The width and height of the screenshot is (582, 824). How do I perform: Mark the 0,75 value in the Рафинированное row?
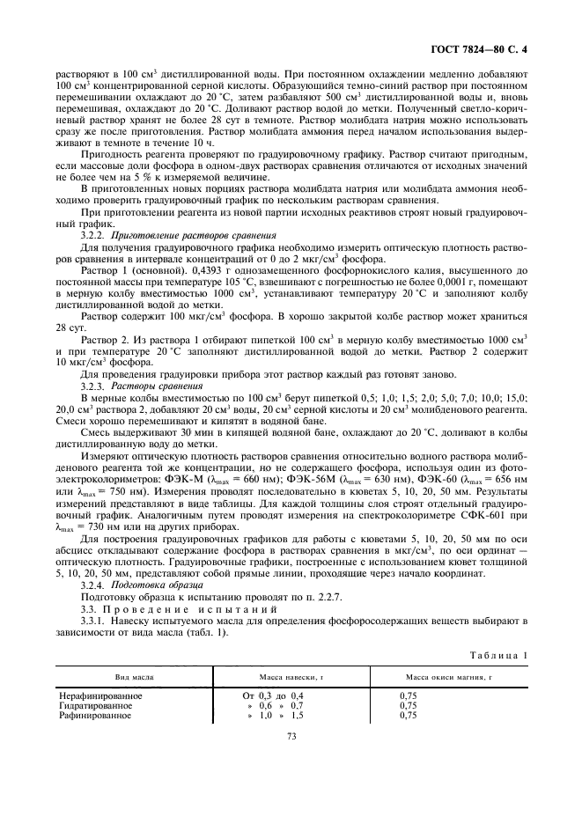(x=408, y=716)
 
